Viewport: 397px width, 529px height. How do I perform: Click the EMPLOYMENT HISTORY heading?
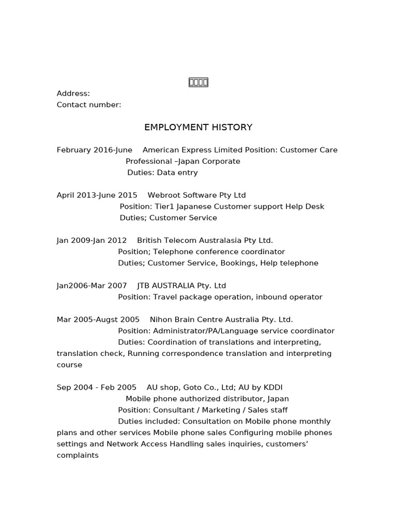point(198,127)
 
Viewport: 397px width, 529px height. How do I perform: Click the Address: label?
point(73,94)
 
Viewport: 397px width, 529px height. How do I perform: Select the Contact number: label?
point(89,105)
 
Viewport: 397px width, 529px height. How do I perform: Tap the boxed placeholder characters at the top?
point(198,82)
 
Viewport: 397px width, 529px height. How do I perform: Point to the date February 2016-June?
point(95,150)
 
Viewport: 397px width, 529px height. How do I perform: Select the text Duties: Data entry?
point(162,173)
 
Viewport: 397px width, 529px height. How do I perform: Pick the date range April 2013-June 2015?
point(97,195)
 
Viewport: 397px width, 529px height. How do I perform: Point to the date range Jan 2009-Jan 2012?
point(91,240)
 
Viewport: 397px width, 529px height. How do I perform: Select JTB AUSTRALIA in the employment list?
point(166,286)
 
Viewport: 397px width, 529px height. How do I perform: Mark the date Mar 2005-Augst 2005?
point(98,320)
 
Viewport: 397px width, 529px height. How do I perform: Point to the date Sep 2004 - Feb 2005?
point(97,387)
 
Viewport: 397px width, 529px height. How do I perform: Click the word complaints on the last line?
point(78,456)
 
